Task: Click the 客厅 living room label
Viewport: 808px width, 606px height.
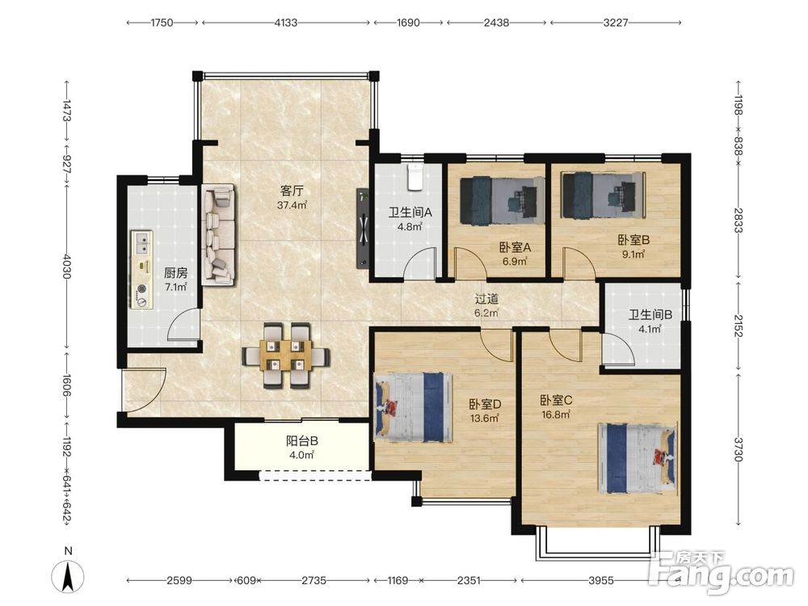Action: click(292, 191)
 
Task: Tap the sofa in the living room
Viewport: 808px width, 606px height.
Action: click(218, 234)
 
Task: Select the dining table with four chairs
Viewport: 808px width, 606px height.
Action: click(285, 355)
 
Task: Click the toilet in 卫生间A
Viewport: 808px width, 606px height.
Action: click(415, 177)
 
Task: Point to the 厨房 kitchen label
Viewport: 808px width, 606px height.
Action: click(175, 272)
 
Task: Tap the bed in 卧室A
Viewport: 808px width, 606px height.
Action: click(502, 200)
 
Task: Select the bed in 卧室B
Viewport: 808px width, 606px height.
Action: click(604, 195)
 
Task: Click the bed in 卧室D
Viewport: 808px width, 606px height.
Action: click(413, 407)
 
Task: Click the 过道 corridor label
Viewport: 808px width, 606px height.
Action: click(486, 298)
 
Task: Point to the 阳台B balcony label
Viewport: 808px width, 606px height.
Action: click(301, 441)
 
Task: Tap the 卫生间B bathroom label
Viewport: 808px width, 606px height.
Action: click(650, 314)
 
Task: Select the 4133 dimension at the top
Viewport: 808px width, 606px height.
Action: click(286, 23)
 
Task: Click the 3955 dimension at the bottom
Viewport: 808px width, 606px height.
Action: click(601, 581)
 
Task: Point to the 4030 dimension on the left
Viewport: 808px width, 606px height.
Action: click(66, 266)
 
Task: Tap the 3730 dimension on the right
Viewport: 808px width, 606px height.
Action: click(739, 449)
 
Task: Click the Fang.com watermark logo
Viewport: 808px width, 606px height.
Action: click(721, 572)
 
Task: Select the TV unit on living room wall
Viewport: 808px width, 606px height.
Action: click(364, 228)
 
